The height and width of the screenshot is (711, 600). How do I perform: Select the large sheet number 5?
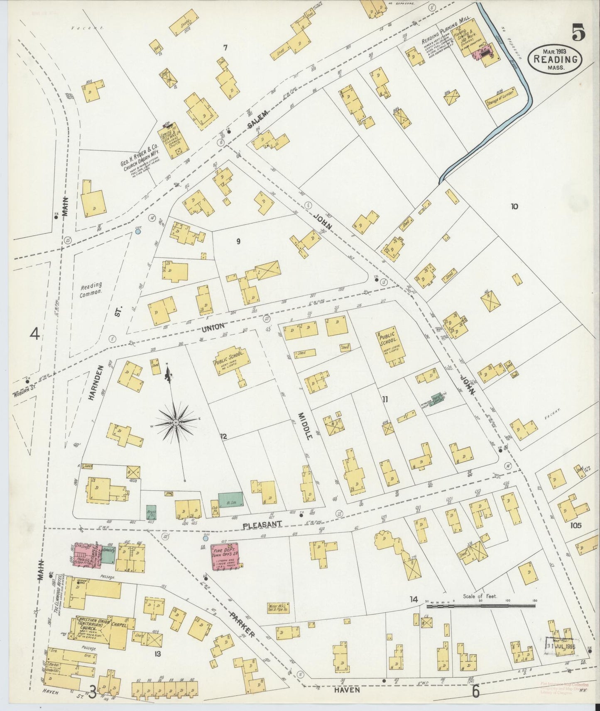[578, 32]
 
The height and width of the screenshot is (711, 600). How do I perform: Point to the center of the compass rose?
[176, 422]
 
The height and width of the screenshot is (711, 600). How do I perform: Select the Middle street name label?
[306, 426]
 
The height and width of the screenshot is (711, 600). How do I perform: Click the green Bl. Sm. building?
[230, 499]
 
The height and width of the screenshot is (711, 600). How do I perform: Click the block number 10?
[514, 206]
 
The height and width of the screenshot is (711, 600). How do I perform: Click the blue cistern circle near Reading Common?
[138, 231]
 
